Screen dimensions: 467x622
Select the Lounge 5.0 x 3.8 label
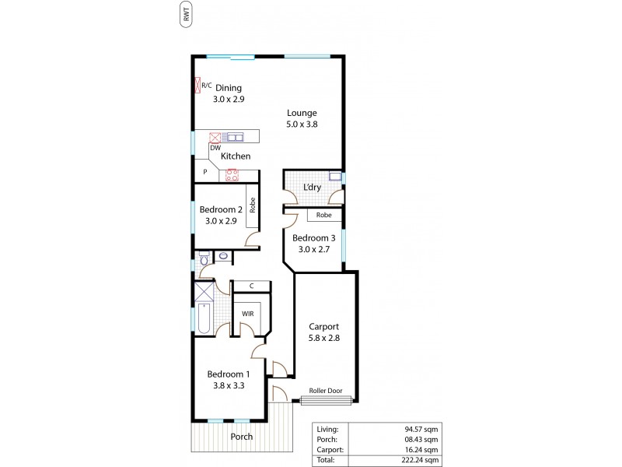tap(301, 118)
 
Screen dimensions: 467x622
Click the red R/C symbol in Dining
tap(198, 84)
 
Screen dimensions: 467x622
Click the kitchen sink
tap(235, 138)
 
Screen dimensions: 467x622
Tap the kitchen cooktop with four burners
tap(231, 175)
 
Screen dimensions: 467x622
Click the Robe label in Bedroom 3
tap(324, 215)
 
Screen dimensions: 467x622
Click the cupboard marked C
tap(251, 286)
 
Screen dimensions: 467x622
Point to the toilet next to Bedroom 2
tap(204, 262)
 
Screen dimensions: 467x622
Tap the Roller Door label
tap(327, 392)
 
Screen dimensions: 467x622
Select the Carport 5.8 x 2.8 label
tap(324, 332)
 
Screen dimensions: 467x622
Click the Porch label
tap(242, 437)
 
